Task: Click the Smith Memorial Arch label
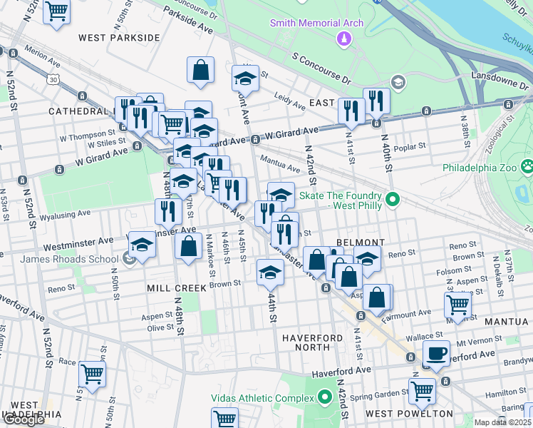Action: [x=316, y=23]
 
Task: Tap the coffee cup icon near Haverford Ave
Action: [x=436, y=352]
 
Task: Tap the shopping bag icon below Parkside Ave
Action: [x=201, y=71]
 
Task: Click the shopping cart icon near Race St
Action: [x=92, y=372]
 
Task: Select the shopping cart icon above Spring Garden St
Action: [x=422, y=390]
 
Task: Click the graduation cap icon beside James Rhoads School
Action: [x=142, y=245]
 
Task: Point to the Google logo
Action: [x=24, y=419]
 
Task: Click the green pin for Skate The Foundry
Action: [x=391, y=200]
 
